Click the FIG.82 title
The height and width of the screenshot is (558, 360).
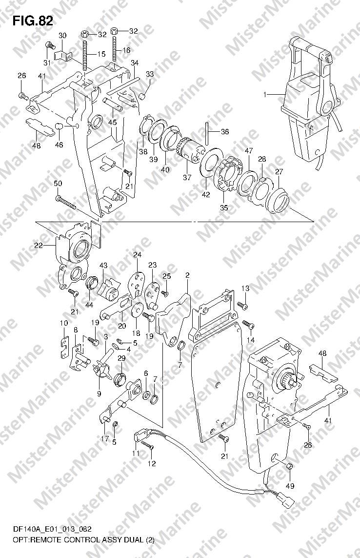[x=33, y=21]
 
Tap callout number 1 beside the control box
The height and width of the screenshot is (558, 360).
[x=265, y=94]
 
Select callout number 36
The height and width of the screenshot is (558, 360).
[x=224, y=132]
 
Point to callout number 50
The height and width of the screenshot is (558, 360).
[x=58, y=183]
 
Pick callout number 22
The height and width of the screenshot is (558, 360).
[x=39, y=245]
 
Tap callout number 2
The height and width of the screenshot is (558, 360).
[x=187, y=275]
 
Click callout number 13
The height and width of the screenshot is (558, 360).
[x=246, y=288]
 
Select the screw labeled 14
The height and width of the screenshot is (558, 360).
[x=248, y=324]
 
